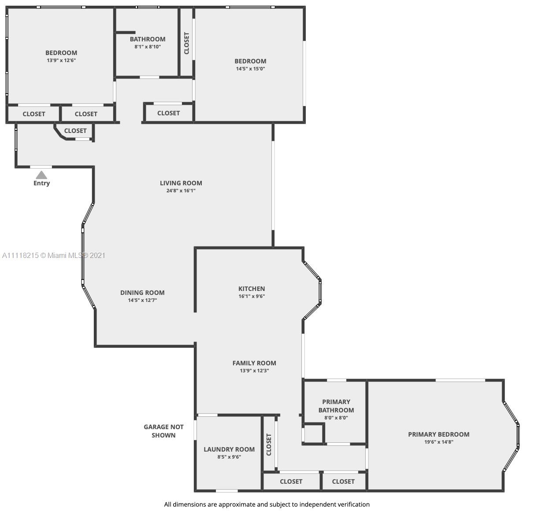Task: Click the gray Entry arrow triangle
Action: (41, 175)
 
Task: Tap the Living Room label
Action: (181, 183)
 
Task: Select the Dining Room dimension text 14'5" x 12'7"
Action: (142, 300)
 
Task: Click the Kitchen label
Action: (252, 289)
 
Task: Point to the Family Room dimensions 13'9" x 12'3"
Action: (254, 371)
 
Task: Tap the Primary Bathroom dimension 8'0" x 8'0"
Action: (336, 418)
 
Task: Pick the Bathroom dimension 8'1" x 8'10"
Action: (148, 47)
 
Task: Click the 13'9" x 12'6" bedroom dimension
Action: (61, 60)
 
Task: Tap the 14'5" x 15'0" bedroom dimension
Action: (251, 69)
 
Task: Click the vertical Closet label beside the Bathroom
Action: (187, 43)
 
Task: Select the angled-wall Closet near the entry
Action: (75, 131)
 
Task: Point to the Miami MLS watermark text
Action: (54, 255)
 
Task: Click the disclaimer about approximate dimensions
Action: (267, 504)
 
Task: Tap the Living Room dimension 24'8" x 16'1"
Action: (181, 191)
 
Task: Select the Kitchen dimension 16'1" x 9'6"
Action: (252, 296)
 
